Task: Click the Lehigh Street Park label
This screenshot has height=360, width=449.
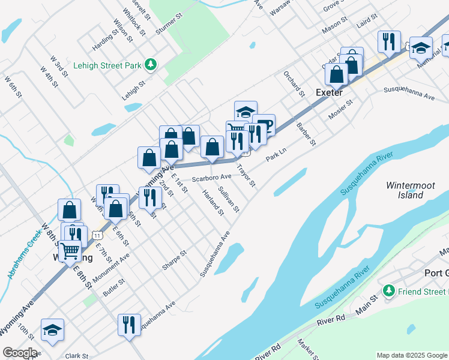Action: point(107,65)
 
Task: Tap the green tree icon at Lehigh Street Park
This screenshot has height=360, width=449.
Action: point(152,64)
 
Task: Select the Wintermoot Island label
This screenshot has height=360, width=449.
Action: point(410,190)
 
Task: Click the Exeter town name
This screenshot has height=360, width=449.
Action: point(329,92)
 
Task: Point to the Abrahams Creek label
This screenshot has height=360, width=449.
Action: point(23,256)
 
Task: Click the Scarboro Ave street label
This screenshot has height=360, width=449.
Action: point(211,178)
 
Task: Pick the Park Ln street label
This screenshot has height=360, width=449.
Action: point(277,155)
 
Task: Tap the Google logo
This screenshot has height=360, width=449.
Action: point(20,352)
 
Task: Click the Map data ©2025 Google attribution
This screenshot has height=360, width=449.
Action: point(412,355)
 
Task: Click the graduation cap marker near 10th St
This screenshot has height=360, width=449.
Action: point(52,329)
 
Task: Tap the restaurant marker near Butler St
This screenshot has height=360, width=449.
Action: point(129,325)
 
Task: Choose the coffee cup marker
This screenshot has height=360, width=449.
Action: point(264,125)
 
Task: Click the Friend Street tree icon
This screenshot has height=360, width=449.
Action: point(389,290)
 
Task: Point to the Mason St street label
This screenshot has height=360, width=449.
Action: point(335,28)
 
